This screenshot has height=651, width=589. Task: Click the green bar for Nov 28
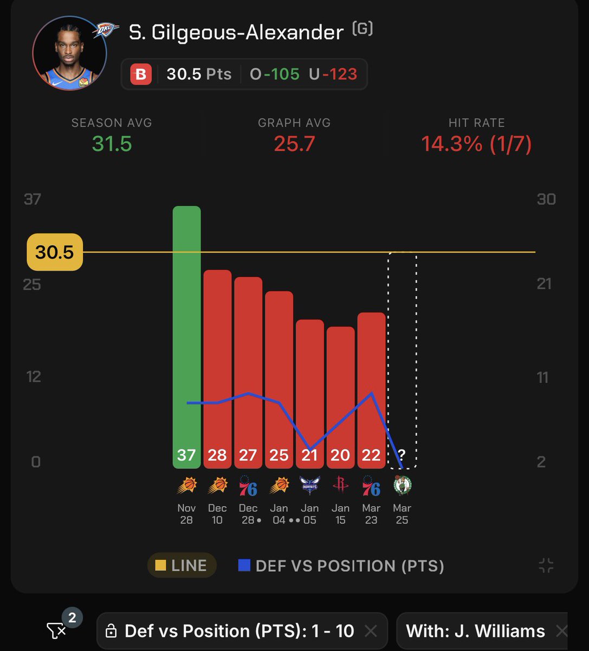click(x=186, y=336)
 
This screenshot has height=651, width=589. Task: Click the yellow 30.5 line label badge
click(x=55, y=252)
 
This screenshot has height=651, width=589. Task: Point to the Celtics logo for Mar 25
click(x=402, y=486)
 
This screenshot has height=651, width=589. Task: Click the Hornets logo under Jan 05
click(x=309, y=486)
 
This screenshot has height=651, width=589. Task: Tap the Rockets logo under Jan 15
click(x=340, y=485)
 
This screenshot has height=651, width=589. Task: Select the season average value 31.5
click(x=112, y=144)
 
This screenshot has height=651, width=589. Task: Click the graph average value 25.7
click(x=294, y=144)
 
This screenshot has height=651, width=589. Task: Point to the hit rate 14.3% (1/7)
click(x=476, y=144)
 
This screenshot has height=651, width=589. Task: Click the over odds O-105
click(x=275, y=74)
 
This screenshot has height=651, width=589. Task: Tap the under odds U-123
click(x=333, y=74)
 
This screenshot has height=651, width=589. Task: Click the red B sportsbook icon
click(x=141, y=74)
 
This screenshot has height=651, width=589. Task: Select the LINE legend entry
click(x=182, y=566)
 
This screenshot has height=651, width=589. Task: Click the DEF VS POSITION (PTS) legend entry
click(x=341, y=566)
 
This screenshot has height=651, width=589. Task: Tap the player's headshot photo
click(x=70, y=53)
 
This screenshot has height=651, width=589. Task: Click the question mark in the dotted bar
click(x=402, y=455)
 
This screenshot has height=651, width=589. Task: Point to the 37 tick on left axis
click(x=33, y=200)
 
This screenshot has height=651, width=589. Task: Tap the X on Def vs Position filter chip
click(x=371, y=631)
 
